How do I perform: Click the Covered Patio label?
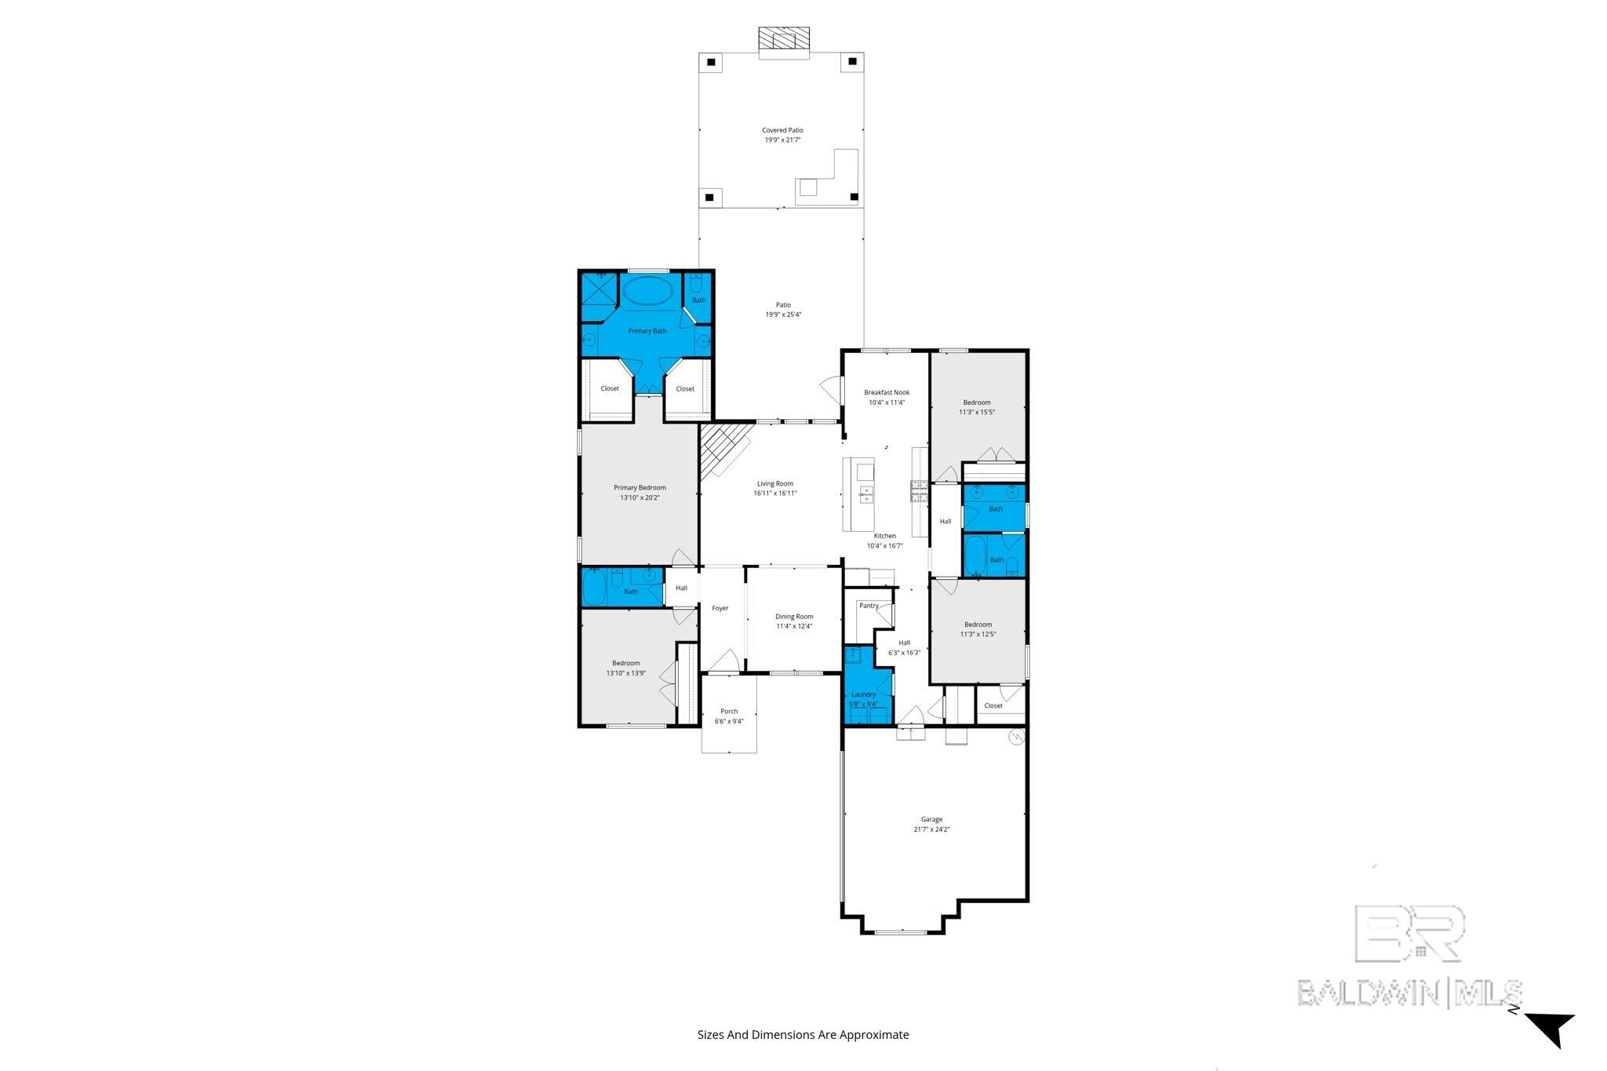click(x=782, y=130)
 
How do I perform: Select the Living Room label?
click(x=774, y=483)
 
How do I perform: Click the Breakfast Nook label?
click(x=887, y=392)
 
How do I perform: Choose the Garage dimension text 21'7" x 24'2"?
click(x=931, y=829)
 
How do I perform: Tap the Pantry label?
click(x=869, y=606)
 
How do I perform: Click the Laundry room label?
click(x=863, y=694)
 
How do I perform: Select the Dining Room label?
click(x=794, y=617)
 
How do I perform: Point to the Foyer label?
click(x=720, y=608)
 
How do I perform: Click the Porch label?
click(x=729, y=712)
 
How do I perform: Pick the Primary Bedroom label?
click(x=640, y=487)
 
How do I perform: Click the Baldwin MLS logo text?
click(x=1409, y=992)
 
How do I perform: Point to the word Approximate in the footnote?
click(x=874, y=1034)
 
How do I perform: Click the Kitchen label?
click(x=885, y=536)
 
